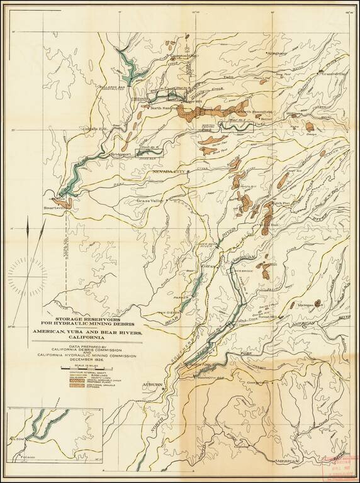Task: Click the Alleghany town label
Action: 276,53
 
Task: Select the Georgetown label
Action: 257,382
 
